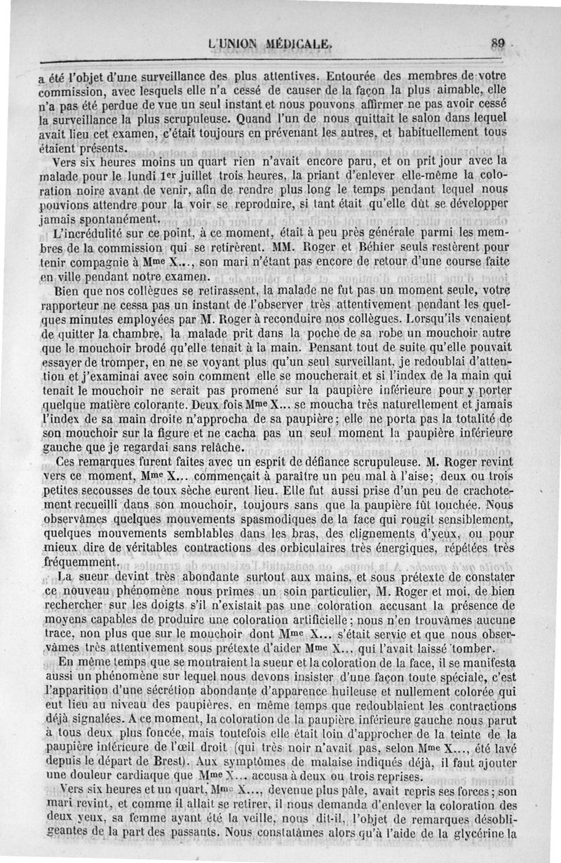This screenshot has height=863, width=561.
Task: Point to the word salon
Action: (402, 118)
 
